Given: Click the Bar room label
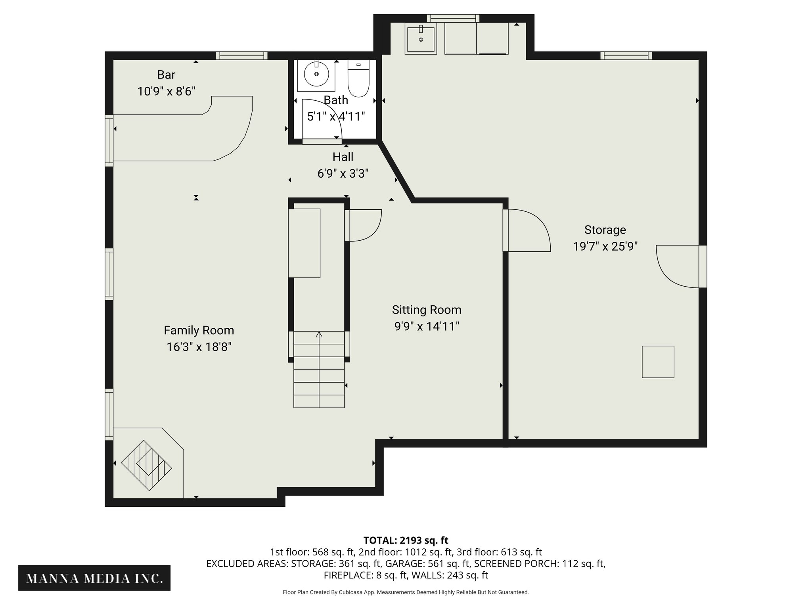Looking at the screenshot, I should (166, 75).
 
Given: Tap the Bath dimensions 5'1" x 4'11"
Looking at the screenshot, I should (336, 117).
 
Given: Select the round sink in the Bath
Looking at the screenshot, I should (316, 74).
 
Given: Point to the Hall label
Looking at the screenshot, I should (343, 157).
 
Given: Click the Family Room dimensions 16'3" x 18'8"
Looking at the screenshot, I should (199, 347).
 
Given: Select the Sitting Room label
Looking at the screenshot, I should (427, 310).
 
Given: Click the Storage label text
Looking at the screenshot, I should (605, 230).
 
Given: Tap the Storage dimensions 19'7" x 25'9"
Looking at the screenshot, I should (605, 247).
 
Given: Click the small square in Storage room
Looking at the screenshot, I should (658, 362).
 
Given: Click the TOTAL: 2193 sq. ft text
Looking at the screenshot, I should (406, 540).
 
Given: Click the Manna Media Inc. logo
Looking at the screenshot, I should (94, 578).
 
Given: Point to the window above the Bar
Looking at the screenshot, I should (241, 56).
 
